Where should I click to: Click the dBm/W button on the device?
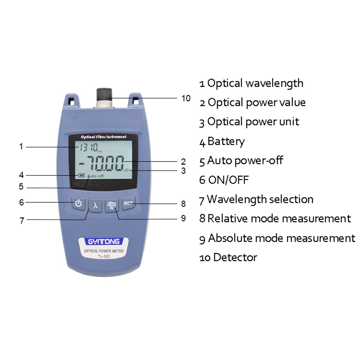pyautogui.click(x=112, y=205)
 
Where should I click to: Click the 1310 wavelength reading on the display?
pyautogui.click(x=86, y=147)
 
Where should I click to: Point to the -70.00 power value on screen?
pyautogui.click(x=102, y=164)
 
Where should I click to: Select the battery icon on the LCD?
pyautogui.click(x=81, y=176)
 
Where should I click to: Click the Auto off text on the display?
pyautogui.click(x=95, y=176)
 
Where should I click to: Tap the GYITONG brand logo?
pyautogui.click(x=99, y=242)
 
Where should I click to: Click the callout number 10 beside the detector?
pyautogui.click(x=186, y=98)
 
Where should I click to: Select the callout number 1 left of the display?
pyautogui.click(x=21, y=147)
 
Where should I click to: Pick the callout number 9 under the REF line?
pyautogui.click(x=183, y=218)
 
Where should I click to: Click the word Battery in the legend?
pyautogui.click(x=226, y=141)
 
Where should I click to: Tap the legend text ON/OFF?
pyautogui.click(x=228, y=180)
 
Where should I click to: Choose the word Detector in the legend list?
pyautogui.click(x=235, y=257)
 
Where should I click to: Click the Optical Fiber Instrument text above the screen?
pyautogui.click(x=103, y=137)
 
